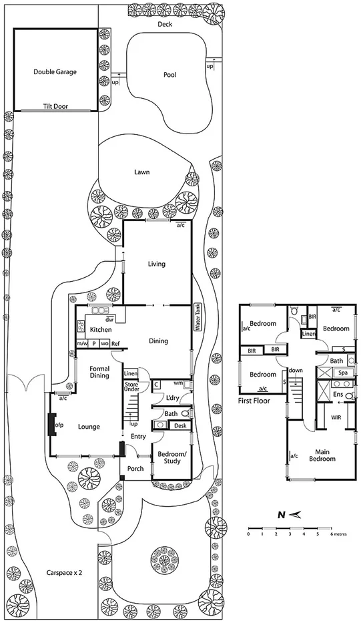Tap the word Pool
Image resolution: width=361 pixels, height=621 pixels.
click(x=169, y=75)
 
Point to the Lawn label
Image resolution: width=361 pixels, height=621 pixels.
click(x=141, y=172)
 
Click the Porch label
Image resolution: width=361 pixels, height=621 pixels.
click(x=135, y=469)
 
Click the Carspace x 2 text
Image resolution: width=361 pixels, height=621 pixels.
click(x=64, y=573)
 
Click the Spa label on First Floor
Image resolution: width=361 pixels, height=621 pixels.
click(x=342, y=372)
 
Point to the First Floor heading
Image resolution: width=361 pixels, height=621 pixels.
click(x=257, y=401)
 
